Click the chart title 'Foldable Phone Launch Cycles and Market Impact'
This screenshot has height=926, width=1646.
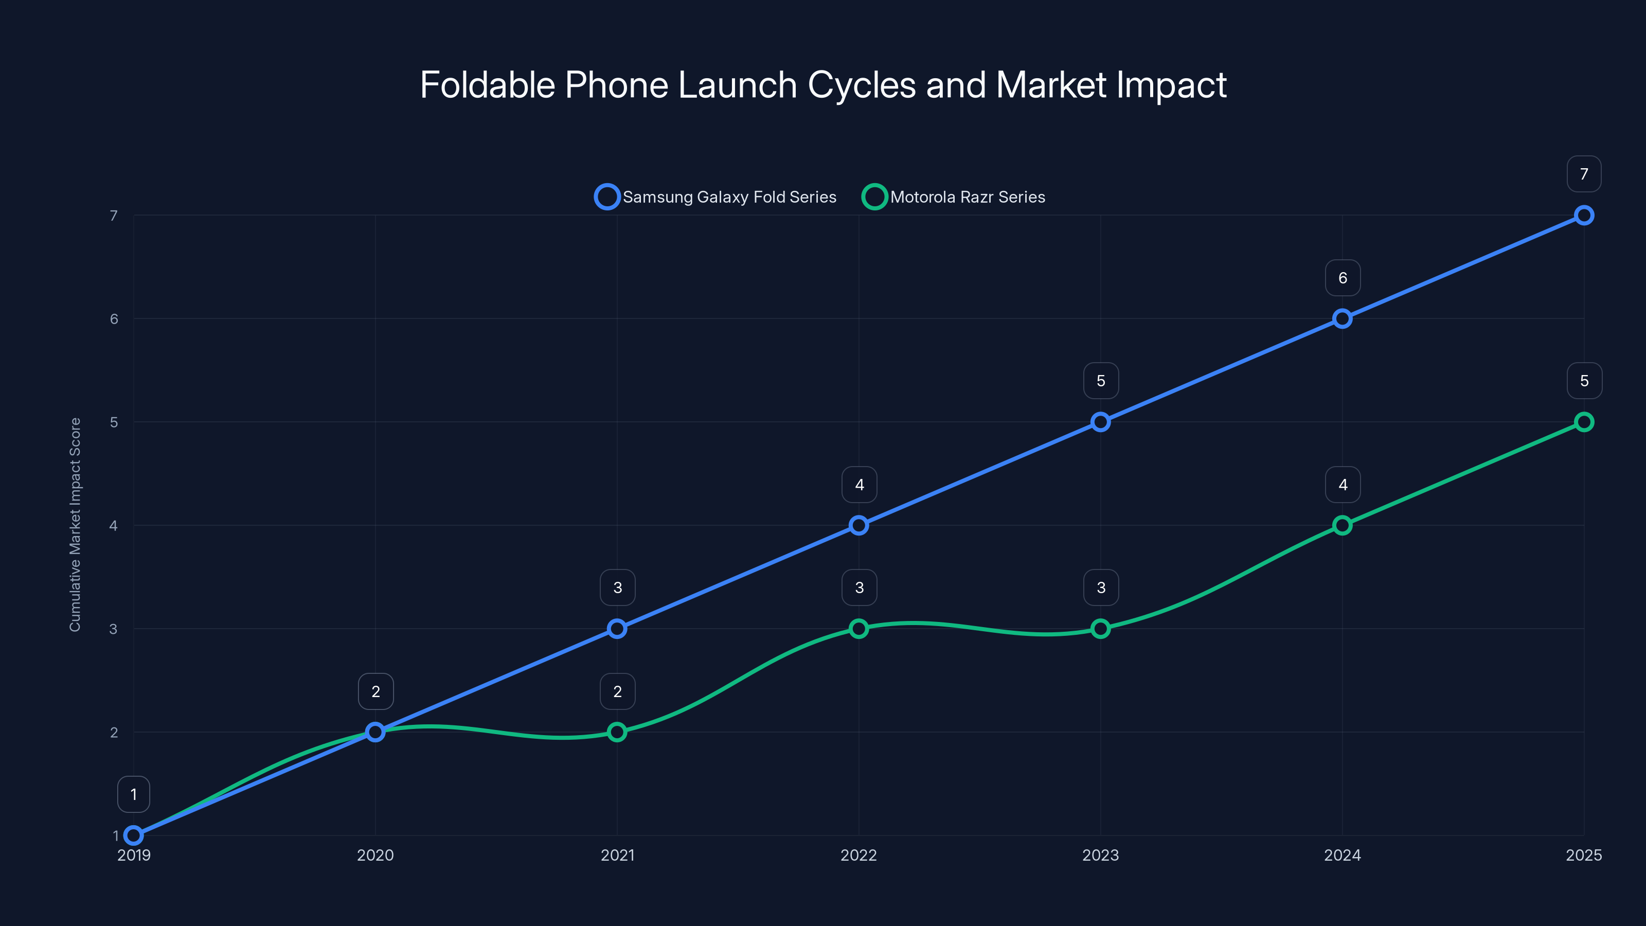pos(823,84)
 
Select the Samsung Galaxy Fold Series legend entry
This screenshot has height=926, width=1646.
pos(715,197)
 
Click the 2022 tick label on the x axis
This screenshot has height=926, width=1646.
pos(858,855)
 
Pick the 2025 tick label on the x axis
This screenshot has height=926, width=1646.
pos(1583,855)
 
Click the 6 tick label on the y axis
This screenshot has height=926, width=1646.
pos(114,319)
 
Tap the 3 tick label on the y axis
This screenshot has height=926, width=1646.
pos(113,629)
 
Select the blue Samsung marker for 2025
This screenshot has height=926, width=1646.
pos(1583,216)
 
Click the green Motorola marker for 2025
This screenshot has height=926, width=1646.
pos(1583,422)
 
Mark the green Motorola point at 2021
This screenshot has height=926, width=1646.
pos(617,732)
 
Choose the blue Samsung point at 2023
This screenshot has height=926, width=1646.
pos(1100,422)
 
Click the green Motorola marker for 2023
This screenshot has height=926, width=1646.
pos(1100,629)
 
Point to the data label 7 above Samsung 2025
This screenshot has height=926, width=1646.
pos(1583,174)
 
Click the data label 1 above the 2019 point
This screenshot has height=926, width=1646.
pos(134,794)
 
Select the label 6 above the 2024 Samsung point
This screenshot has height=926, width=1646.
pos(1343,278)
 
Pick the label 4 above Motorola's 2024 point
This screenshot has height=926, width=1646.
pos(1343,485)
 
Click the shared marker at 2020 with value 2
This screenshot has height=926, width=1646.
pos(375,732)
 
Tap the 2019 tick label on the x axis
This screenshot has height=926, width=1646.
pos(134,855)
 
